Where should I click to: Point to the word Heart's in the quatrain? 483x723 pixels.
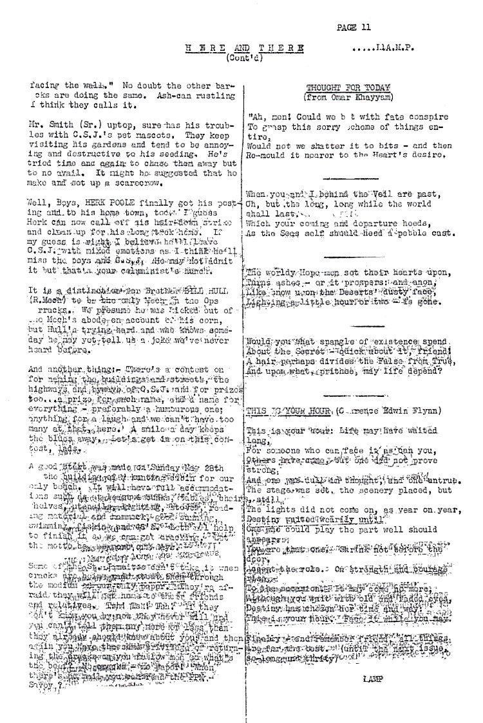pyautogui.click(x=402, y=156)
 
